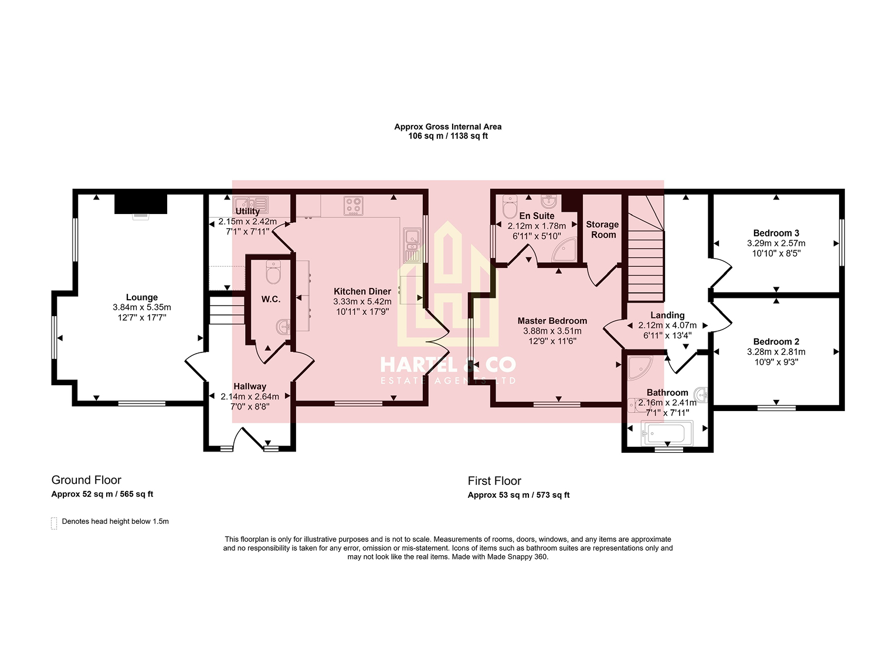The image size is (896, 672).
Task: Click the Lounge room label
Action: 142,297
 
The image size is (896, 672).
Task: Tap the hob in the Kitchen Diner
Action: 354,206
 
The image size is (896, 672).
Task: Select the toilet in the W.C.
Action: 273,272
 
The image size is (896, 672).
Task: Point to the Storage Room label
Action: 602,229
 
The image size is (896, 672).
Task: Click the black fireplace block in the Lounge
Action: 141,203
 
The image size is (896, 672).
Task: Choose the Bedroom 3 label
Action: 776,233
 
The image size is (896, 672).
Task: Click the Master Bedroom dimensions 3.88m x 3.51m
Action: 552,331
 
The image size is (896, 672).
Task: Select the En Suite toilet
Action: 510,206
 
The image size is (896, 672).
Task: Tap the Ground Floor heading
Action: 86,480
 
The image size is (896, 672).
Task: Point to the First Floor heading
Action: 494,481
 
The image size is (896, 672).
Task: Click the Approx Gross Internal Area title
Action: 448,127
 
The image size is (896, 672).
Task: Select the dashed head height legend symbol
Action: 54,523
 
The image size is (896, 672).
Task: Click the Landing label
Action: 667,315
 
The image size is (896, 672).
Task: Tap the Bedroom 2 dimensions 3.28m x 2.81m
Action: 776,352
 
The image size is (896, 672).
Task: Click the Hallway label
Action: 250,386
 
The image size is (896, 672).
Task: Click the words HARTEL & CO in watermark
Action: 448,365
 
